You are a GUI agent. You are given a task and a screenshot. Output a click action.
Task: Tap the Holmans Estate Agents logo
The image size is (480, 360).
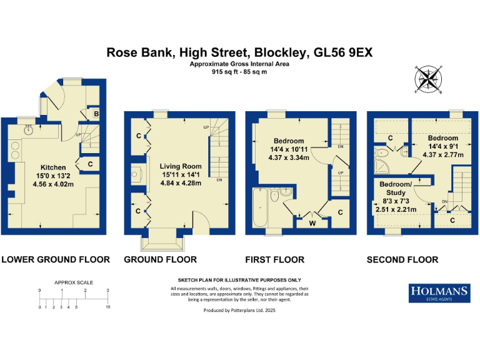point(439,292)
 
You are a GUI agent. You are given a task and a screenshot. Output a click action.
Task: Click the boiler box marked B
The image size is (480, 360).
point(96,114)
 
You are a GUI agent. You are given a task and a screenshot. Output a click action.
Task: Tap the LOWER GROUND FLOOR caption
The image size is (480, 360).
point(56,259)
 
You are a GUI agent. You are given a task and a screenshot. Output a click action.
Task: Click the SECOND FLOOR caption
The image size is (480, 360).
point(402,259)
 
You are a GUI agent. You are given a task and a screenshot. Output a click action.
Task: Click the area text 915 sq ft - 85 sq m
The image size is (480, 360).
point(239,72)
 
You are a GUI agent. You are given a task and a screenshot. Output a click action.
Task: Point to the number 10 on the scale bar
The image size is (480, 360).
point(107,307)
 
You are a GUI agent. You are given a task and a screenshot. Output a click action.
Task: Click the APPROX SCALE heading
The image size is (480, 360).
point(74,282)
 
